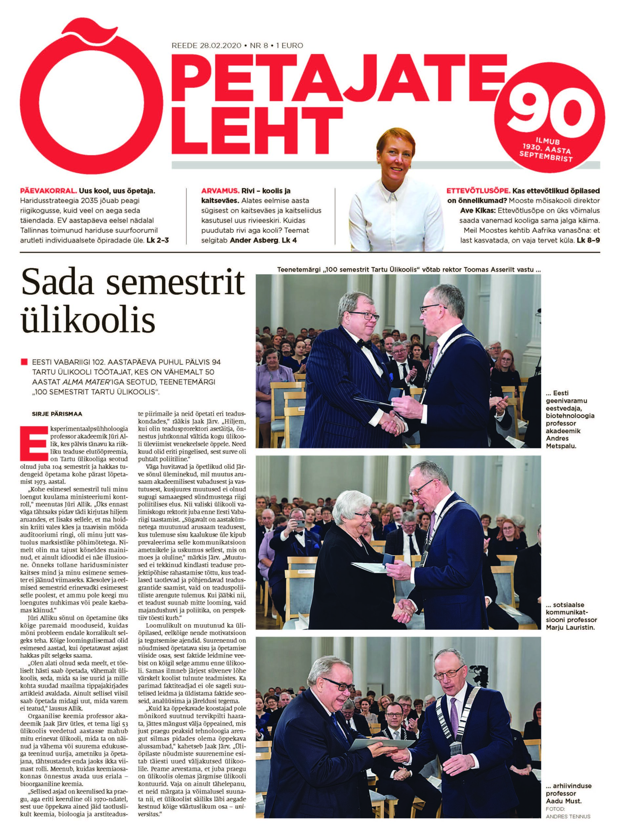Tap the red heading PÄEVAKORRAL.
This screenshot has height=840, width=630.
[48, 191]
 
